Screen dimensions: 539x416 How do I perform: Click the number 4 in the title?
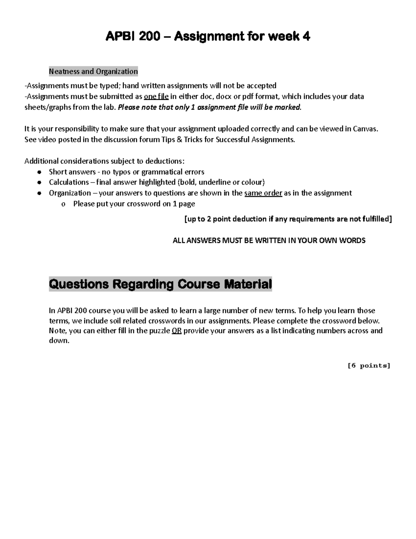306,36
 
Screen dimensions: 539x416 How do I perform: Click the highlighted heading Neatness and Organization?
93,71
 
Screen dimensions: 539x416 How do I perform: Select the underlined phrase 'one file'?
156,96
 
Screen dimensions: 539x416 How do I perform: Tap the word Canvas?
365,129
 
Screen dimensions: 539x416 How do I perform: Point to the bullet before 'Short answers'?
40,172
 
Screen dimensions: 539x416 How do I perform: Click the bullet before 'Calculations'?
40,183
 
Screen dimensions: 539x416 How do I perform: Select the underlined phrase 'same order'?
263,193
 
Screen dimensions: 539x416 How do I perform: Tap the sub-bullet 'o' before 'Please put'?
63,204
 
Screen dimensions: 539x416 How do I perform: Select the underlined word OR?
176,330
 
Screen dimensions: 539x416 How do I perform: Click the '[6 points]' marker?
369,365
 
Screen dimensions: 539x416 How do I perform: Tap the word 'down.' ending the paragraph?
59,340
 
